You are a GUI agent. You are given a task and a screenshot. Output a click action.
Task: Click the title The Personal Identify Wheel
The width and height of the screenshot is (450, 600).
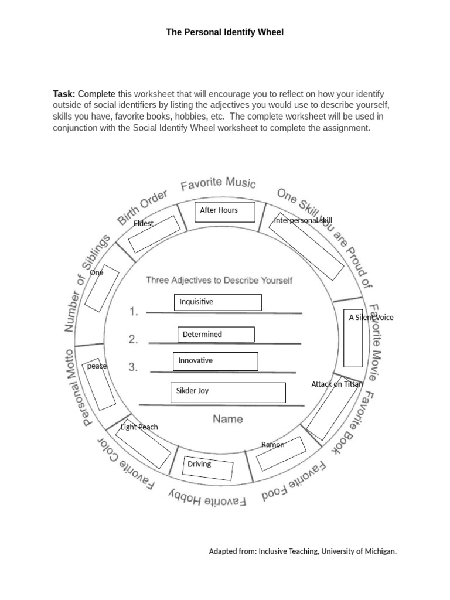click(x=225, y=32)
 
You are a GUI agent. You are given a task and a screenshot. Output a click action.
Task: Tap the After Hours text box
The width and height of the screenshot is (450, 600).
click(x=225, y=212)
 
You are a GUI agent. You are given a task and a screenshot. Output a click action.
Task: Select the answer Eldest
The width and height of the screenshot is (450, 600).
click(x=144, y=223)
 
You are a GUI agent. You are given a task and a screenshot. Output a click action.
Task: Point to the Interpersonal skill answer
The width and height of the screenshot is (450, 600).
click(x=303, y=220)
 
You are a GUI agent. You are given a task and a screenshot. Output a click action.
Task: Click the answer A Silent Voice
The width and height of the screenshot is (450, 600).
click(x=371, y=318)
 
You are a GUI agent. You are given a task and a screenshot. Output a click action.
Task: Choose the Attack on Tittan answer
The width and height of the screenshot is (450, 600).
click(x=337, y=384)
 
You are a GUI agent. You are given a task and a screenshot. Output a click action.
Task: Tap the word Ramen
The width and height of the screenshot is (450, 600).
click(x=272, y=445)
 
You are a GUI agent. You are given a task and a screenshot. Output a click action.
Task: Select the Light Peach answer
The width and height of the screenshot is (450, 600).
click(x=139, y=427)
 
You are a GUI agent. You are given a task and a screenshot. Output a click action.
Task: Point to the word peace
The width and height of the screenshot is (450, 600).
click(x=97, y=366)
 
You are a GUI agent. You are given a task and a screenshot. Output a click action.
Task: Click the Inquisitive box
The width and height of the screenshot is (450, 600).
click(x=217, y=302)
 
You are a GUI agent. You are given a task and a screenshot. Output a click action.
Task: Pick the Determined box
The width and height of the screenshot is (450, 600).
click(x=216, y=335)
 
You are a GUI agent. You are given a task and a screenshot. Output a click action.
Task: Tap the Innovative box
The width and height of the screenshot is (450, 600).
click(x=215, y=361)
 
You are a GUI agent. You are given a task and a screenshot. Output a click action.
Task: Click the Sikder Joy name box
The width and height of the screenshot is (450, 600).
click(x=227, y=392)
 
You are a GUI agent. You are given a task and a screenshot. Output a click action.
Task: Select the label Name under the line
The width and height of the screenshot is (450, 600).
click(x=227, y=419)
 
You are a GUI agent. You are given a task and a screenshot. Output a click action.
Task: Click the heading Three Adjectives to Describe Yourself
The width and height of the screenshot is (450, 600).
click(x=219, y=280)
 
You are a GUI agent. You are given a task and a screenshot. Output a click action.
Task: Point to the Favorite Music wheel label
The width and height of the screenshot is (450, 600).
click(x=218, y=185)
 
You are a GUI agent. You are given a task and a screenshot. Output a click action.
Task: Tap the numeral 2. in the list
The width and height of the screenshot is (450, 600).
click(x=134, y=339)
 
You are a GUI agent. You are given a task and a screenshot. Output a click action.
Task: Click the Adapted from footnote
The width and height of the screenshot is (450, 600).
click(x=303, y=551)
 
